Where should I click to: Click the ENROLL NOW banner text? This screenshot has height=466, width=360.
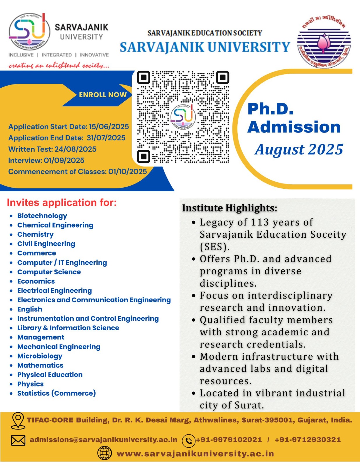point(103,95)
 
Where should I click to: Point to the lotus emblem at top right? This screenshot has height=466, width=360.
point(324,43)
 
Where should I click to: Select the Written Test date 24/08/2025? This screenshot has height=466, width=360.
point(75,149)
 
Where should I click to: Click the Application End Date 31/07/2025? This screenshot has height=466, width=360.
point(106,138)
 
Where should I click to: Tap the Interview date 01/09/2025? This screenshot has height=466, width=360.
point(64,160)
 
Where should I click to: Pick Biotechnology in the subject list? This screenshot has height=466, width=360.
point(42,216)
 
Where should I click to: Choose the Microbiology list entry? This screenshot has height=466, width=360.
point(40,356)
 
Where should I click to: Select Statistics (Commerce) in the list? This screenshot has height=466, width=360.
point(57,393)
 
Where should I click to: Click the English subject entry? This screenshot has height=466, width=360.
point(30,309)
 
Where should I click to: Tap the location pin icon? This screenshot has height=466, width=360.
point(18,420)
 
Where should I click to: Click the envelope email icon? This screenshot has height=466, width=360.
point(18,440)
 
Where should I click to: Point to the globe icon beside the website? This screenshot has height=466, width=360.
point(105,453)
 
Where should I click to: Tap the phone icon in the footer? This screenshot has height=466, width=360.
point(188,440)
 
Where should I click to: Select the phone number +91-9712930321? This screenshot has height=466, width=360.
point(308,439)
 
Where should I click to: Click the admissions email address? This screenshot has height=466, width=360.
point(103,439)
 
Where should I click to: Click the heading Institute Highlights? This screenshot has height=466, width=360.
point(230,208)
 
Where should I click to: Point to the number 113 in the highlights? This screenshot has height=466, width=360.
point(260,222)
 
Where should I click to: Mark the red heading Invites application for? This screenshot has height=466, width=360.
point(62,202)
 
